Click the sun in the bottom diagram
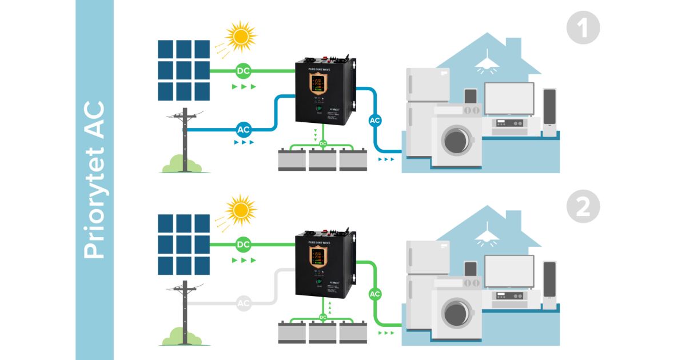(x=241, y=210)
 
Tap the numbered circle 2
(x=583, y=207)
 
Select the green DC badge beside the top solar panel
(x=244, y=71)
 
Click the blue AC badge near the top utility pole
(x=244, y=129)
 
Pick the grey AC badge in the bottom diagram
(x=244, y=303)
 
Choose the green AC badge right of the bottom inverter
(x=375, y=294)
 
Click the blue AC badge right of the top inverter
(x=375, y=120)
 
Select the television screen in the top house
(x=509, y=98)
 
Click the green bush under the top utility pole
(x=182, y=166)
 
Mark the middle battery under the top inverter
(x=322, y=160)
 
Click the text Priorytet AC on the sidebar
(x=94, y=180)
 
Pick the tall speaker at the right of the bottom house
(x=549, y=285)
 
